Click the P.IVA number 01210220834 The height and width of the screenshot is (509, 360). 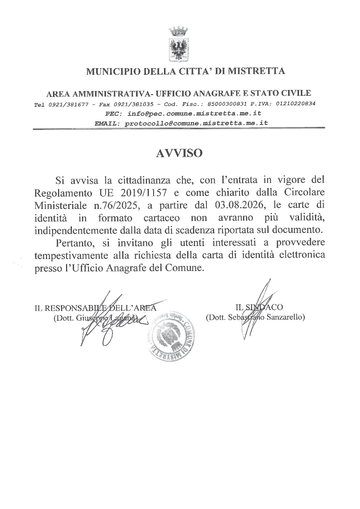295,103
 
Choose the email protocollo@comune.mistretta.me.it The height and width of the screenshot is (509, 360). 196,123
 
